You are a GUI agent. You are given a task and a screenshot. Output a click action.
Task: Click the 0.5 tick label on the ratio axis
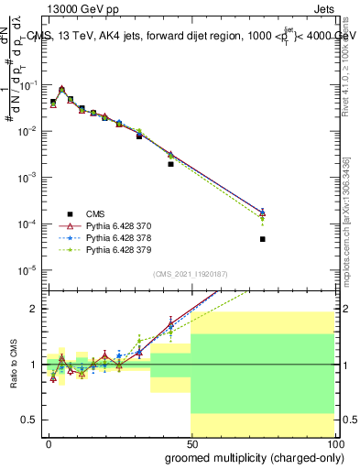click(x=29, y=420)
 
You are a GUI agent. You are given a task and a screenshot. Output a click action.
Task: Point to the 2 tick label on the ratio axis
click(x=34, y=309)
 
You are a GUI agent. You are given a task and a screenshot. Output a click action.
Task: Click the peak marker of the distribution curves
click(x=61, y=90)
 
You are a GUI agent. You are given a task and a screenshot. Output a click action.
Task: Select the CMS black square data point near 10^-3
click(x=170, y=164)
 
